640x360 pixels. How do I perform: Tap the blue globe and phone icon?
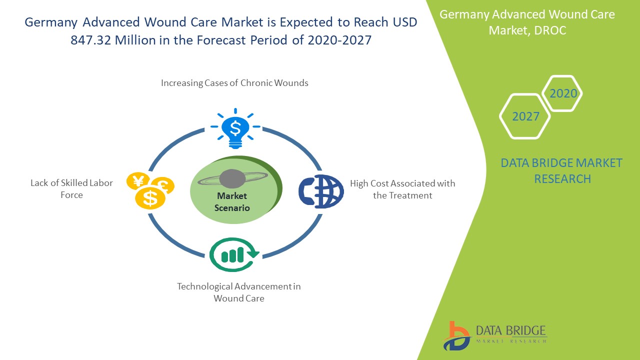321,191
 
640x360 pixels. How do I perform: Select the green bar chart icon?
233,254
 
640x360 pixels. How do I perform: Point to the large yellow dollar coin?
150,198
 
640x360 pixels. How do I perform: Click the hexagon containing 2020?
563,93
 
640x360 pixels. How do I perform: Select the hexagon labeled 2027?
525,116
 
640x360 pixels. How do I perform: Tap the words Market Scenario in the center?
232,202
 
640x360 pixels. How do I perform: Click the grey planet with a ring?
232,178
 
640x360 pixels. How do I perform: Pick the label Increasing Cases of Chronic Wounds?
234,83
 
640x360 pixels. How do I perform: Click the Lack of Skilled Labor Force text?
71,189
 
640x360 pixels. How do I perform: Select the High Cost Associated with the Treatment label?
402,189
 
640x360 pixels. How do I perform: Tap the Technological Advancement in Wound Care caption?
239,292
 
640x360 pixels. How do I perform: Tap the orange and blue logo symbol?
456,335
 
